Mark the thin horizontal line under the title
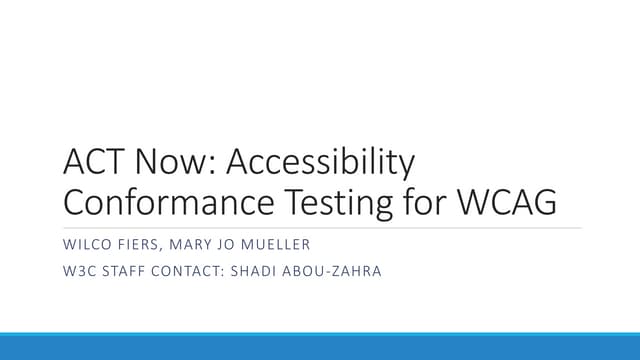coord(320,228)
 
